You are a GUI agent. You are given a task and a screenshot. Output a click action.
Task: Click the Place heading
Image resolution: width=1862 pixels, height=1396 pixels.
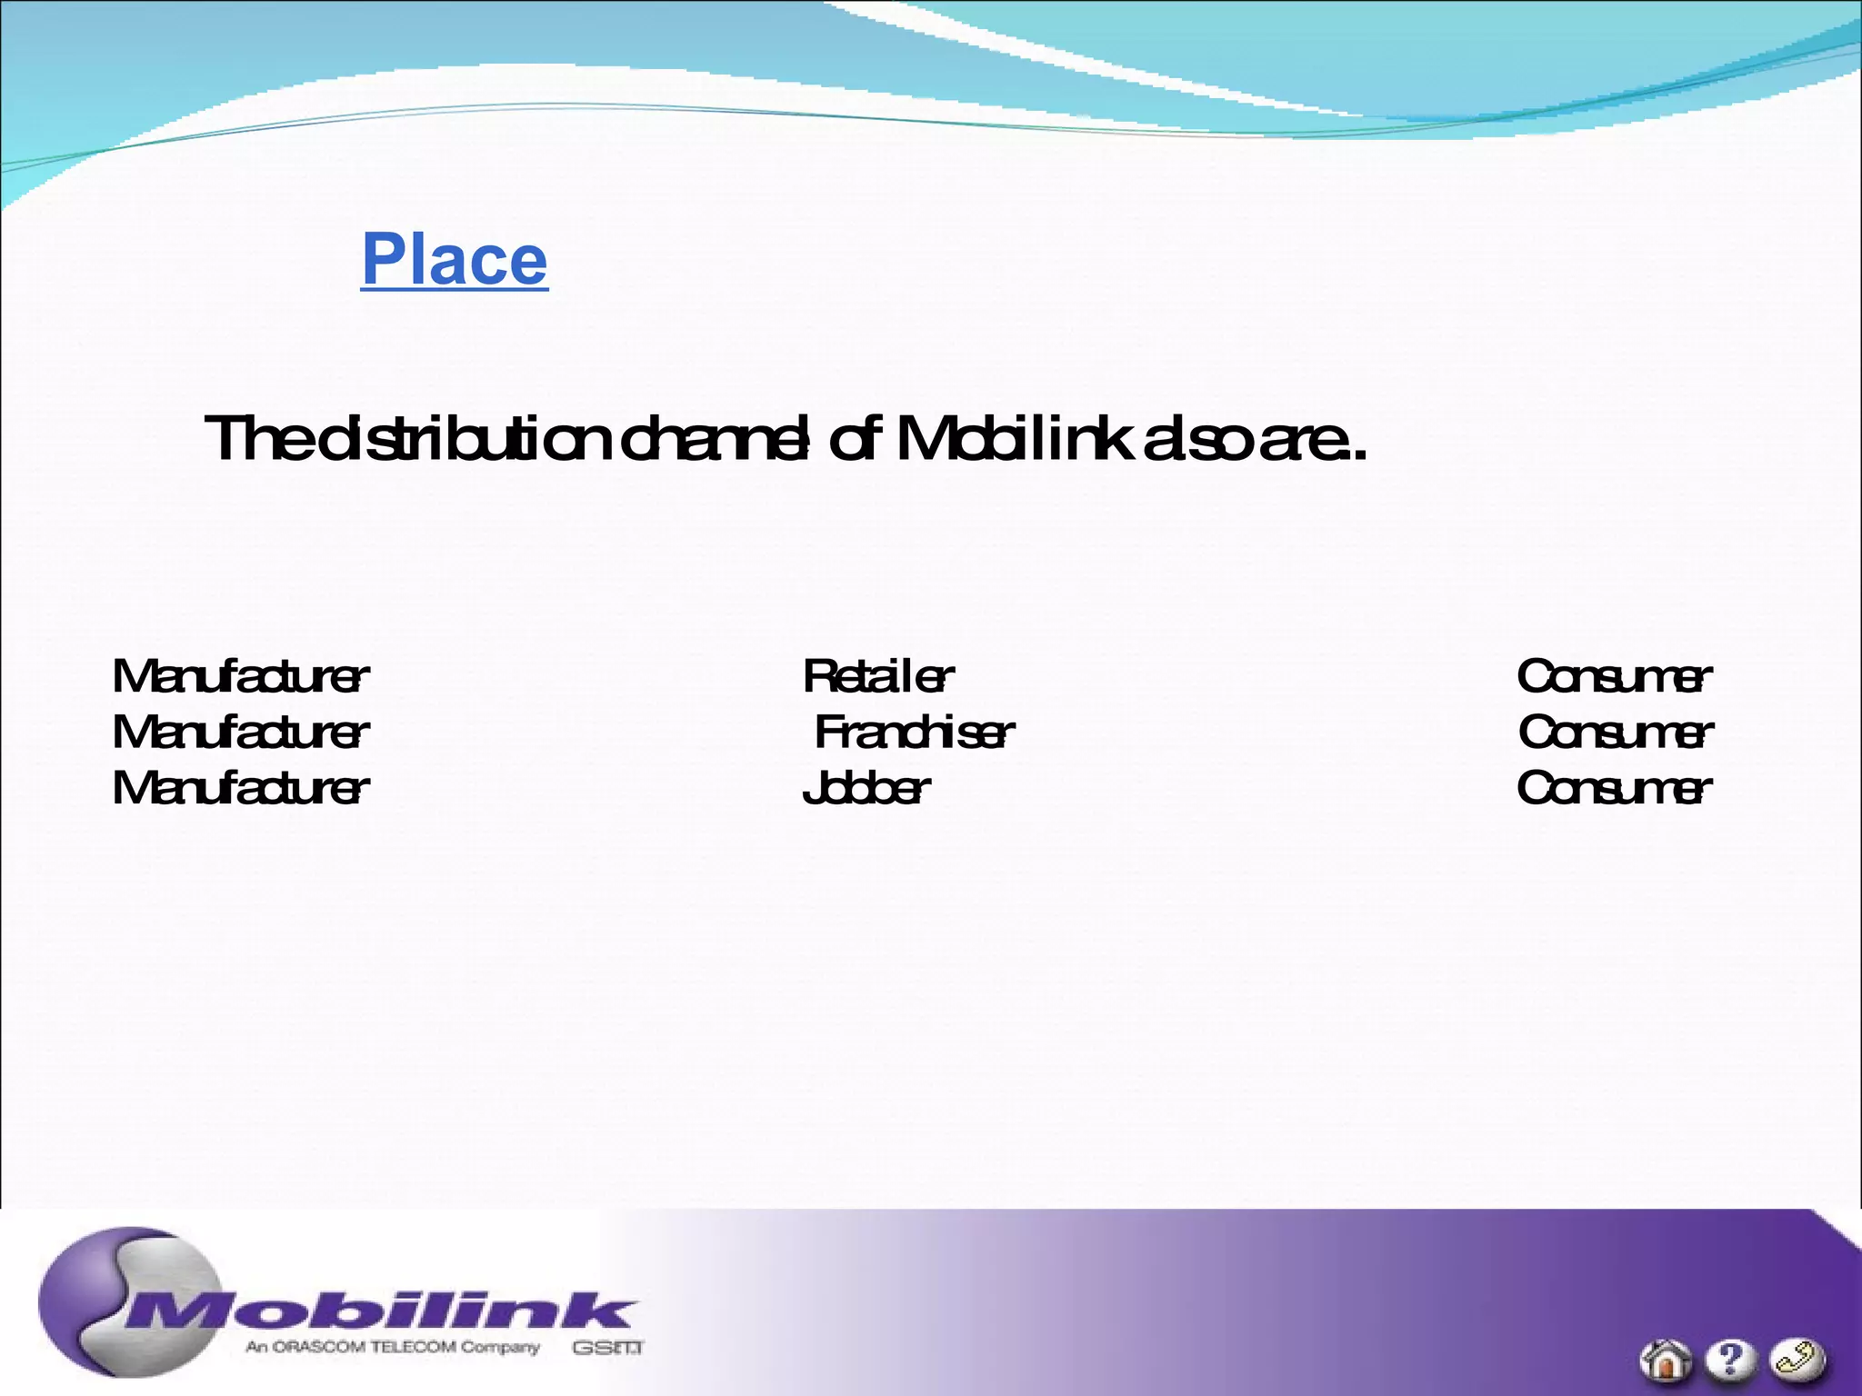[455, 260]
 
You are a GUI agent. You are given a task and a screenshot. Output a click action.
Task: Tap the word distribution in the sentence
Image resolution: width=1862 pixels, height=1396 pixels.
[463, 439]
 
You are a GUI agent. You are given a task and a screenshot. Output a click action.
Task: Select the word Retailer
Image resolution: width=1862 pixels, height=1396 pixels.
[878, 676]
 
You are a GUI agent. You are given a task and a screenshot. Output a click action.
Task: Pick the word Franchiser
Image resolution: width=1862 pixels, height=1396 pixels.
[914, 733]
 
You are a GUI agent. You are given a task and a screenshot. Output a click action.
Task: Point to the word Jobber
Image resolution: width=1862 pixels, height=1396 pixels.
[866, 788]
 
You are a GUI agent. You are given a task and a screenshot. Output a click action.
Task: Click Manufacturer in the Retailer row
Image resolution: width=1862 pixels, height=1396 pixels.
[241, 676]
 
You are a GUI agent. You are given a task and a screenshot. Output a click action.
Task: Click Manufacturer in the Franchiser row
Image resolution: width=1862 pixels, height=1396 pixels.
[241, 733]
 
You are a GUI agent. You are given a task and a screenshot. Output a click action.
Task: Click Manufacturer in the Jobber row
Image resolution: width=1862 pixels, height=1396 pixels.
[241, 788]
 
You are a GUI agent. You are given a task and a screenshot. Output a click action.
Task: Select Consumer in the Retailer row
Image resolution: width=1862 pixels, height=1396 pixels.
[1614, 676]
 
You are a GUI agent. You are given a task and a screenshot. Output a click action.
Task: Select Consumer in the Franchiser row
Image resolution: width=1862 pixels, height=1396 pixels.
[1616, 733]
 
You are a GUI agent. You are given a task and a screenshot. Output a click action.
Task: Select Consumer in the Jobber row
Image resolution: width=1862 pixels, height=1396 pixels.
[1614, 788]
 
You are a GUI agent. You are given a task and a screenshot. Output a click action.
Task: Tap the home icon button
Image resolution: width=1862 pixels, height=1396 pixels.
[1666, 1362]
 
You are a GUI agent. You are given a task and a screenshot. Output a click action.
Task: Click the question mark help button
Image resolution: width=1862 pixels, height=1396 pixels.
[1730, 1360]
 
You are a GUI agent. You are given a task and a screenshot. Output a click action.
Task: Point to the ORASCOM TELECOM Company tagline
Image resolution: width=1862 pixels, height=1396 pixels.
[393, 1347]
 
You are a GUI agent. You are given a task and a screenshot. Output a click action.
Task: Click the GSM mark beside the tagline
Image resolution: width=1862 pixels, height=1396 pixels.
[607, 1348]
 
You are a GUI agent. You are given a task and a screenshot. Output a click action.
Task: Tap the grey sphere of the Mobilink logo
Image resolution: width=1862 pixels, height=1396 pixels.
[100, 1281]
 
